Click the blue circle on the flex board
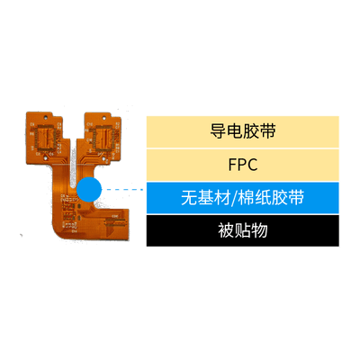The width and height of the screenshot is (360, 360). pyautogui.click(x=89, y=189)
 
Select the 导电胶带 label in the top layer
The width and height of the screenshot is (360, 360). pyautogui.click(x=243, y=131)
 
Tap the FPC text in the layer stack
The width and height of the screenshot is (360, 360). pyautogui.click(x=243, y=165)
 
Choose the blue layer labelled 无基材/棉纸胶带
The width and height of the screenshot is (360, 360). pyautogui.click(x=243, y=197)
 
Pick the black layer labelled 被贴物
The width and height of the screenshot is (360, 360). pyautogui.click(x=243, y=230)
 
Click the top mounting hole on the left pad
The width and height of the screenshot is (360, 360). pyautogui.click(x=46, y=115)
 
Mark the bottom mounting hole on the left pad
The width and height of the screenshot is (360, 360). pyautogui.click(x=45, y=157)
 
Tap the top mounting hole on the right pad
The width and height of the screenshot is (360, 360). pyautogui.click(x=104, y=115)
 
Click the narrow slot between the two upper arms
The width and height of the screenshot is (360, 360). pyautogui.click(x=73, y=168)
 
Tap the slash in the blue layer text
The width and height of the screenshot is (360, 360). pyautogui.click(x=234, y=198)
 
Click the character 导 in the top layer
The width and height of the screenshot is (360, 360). pyautogui.click(x=218, y=131)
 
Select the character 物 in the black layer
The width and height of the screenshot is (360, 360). pyautogui.click(x=259, y=230)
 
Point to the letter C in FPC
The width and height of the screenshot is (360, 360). pyautogui.click(x=252, y=165)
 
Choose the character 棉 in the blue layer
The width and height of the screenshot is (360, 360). pyautogui.click(x=247, y=198)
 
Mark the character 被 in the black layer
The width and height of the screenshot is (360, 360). pyautogui.click(x=226, y=230)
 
